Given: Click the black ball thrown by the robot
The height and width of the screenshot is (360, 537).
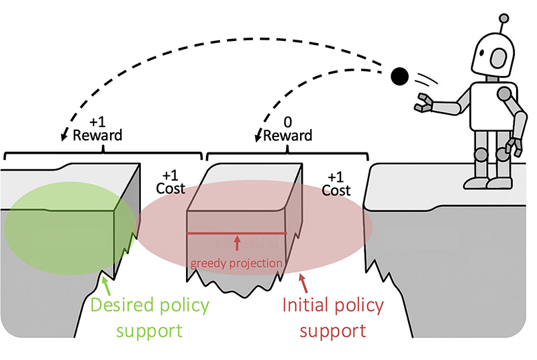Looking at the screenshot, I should click(400, 77).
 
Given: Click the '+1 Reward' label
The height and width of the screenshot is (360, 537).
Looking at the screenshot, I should click(98, 128).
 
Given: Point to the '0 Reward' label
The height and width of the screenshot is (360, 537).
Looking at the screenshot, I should click(287, 128).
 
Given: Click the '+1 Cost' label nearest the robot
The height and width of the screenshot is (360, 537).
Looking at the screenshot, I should click(336, 183).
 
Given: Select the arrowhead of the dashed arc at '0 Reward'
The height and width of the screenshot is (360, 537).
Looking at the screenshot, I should click(258, 138).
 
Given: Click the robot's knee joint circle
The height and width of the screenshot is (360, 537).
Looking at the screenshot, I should click(481, 154).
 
